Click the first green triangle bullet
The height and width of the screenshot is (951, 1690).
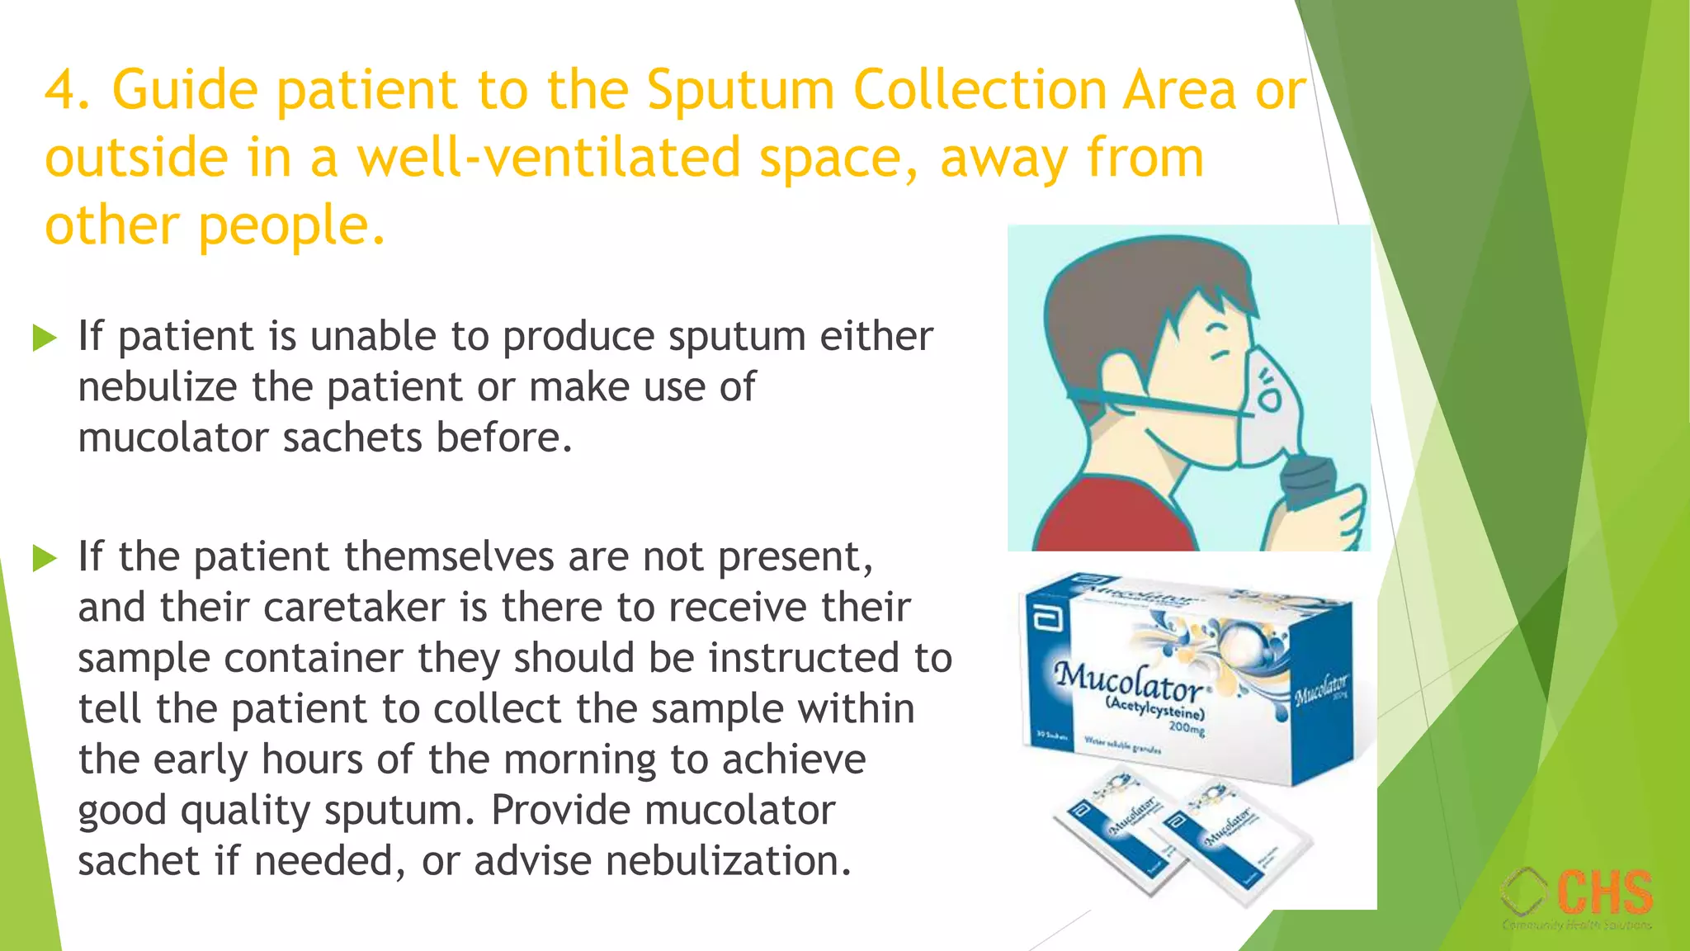(x=45, y=337)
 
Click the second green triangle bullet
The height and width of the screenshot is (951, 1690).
(x=45, y=558)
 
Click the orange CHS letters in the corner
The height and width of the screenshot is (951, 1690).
(x=1605, y=892)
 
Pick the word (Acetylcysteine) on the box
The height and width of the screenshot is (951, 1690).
(x=1155, y=707)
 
